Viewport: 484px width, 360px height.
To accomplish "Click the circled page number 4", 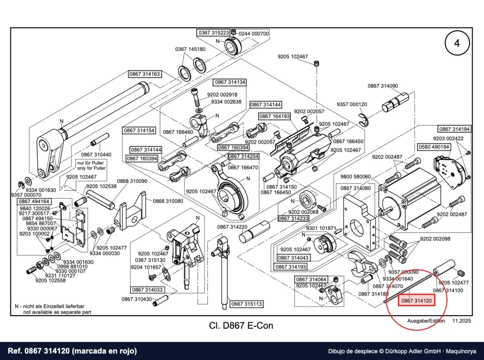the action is (x=457, y=43).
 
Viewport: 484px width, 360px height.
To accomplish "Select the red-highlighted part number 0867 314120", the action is (x=416, y=300).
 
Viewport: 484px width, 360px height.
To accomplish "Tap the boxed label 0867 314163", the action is (x=145, y=74).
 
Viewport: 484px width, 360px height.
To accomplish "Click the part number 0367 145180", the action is (x=190, y=49).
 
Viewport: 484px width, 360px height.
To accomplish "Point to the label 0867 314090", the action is (x=383, y=86).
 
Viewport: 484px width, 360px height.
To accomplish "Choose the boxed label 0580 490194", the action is (x=434, y=147).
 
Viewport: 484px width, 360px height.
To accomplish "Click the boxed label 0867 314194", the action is (x=454, y=129).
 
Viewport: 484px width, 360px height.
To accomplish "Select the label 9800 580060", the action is (x=355, y=177).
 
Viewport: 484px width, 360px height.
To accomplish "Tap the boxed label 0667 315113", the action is (x=246, y=304).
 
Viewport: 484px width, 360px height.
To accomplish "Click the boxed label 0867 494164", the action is (x=34, y=201).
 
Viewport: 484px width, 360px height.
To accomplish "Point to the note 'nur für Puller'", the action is (x=90, y=163).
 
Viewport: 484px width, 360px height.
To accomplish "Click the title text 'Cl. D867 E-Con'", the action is (x=241, y=326).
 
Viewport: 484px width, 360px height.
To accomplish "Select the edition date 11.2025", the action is (x=462, y=321).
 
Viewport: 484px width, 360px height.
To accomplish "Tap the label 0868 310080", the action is (x=168, y=201).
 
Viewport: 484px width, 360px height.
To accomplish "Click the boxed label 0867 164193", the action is (x=275, y=116).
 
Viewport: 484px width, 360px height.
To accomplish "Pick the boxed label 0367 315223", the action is (x=214, y=33).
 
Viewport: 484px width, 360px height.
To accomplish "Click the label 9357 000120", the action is (x=352, y=104).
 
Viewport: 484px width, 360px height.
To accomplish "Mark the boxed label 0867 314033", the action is (x=147, y=290).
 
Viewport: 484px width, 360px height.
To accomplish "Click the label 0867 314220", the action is (x=232, y=227).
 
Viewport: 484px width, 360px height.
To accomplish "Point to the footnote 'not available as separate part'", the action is (x=57, y=312).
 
